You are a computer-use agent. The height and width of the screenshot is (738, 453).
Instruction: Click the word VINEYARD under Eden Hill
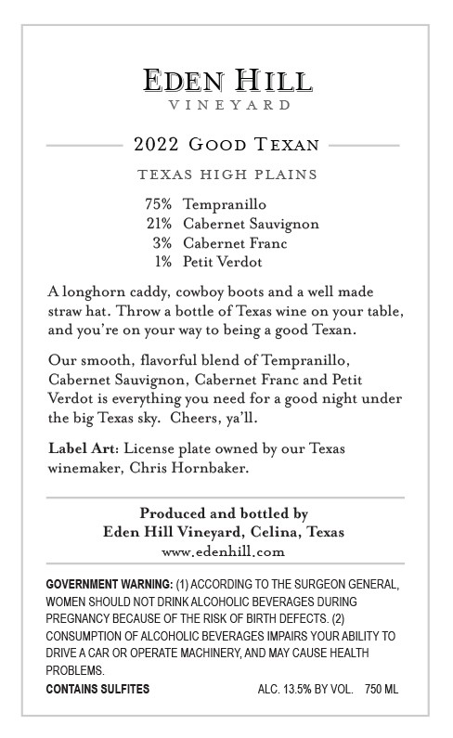click(x=226, y=106)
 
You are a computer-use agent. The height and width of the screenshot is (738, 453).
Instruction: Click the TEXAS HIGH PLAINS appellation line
click(x=226, y=175)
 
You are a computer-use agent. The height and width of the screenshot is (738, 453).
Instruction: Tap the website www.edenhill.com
click(x=223, y=550)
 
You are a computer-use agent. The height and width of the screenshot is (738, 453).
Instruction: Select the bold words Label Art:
click(x=83, y=449)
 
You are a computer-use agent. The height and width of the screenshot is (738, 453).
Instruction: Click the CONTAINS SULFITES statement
click(x=97, y=689)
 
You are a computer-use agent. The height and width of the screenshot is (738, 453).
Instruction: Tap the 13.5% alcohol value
click(x=295, y=689)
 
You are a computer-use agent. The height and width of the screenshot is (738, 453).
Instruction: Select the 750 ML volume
click(x=382, y=689)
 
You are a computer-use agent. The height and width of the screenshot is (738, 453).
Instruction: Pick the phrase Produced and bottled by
click(x=224, y=512)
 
